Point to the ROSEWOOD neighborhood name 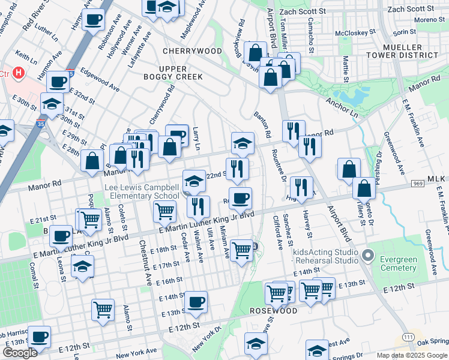click(274, 311)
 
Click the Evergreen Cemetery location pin click(369, 256)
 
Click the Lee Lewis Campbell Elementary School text click(142, 192)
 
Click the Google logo click(19, 353)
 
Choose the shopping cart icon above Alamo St click(103, 310)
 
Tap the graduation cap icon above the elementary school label click(194, 181)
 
